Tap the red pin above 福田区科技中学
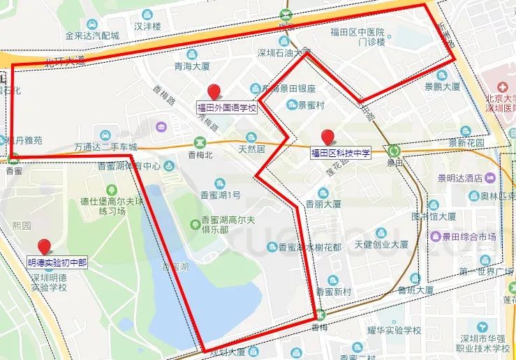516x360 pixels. point(327,137)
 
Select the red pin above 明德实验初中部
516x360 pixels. point(46,246)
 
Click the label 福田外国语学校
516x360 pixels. point(227,107)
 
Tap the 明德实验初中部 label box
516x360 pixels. point(57,263)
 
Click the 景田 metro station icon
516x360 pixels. point(395,150)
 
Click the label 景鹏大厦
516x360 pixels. point(443,87)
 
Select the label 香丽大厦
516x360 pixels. point(323,204)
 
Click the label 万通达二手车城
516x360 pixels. point(106,147)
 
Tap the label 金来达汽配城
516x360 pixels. point(92,35)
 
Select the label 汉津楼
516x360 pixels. point(147,27)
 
